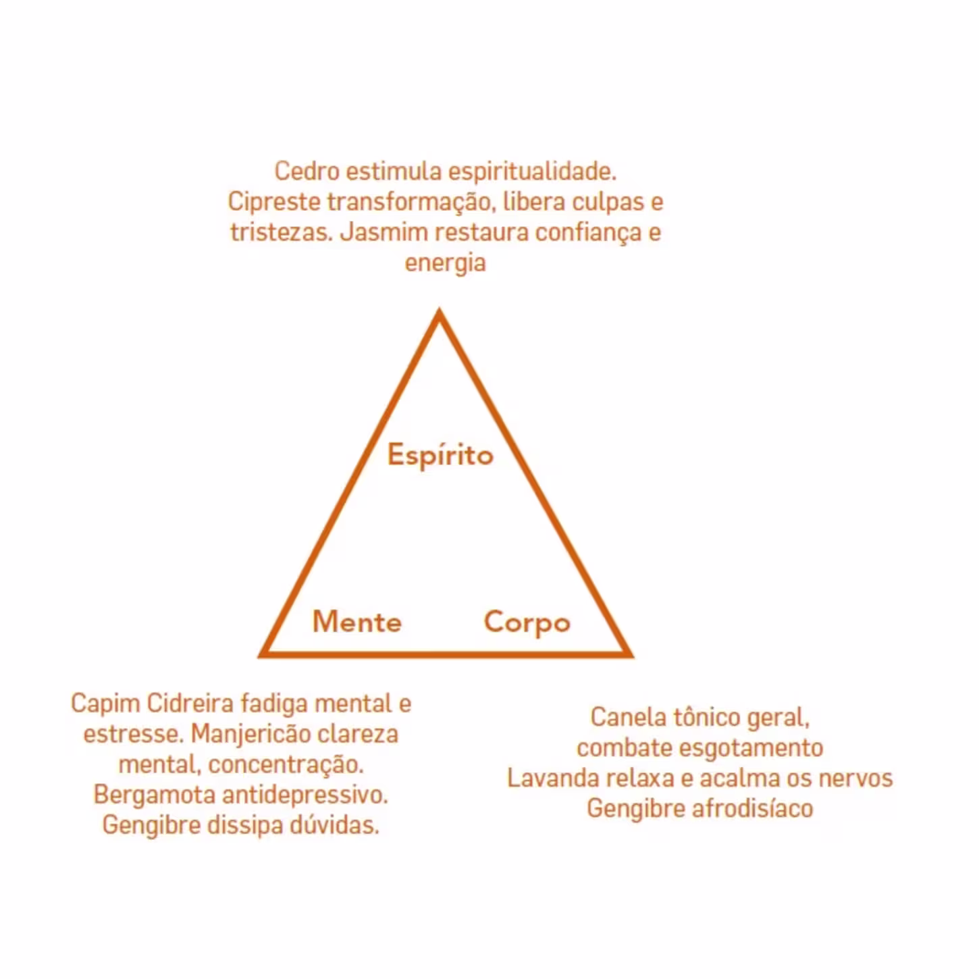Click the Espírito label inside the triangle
pyautogui.click(x=440, y=455)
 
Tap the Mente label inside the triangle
pyautogui.click(x=357, y=622)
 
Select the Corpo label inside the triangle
pyautogui.click(x=527, y=623)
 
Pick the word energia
pyautogui.click(x=445, y=263)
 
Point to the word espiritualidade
pyautogui.click(x=532, y=171)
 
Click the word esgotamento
pyautogui.click(x=751, y=747)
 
